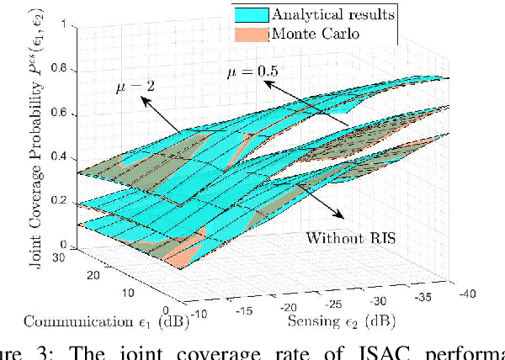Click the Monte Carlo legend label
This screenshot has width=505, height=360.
[310, 33]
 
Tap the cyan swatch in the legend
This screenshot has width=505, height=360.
[250, 14]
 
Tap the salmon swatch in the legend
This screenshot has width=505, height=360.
[250, 33]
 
